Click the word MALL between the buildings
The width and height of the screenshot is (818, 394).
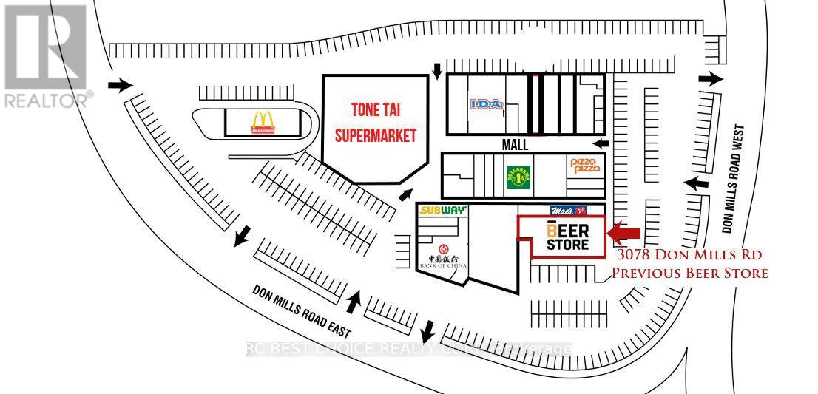[515, 145]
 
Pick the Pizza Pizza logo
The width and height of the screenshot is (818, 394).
[584, 166]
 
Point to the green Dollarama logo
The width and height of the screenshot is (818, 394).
[518, 176]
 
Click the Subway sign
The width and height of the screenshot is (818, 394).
[444, 210]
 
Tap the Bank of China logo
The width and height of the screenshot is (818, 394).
[444, 254]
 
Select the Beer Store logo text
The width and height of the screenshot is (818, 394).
[568, 236]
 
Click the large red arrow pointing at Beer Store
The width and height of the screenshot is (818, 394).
[624, 234]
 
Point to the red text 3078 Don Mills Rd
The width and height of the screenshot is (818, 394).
[689, 255]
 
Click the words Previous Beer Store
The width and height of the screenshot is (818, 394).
[689, 273]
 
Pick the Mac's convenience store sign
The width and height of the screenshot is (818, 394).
[568, 210]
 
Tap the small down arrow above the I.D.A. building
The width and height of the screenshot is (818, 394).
[438, 71]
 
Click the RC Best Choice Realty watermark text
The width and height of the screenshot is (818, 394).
[408, 349]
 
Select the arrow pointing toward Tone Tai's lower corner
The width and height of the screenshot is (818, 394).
[406, 194]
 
